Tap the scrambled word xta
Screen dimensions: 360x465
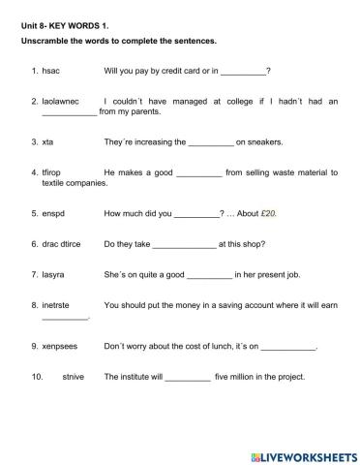47,141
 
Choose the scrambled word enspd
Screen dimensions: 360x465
53,213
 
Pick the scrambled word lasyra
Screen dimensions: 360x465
54,274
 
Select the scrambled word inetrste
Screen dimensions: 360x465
58,305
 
